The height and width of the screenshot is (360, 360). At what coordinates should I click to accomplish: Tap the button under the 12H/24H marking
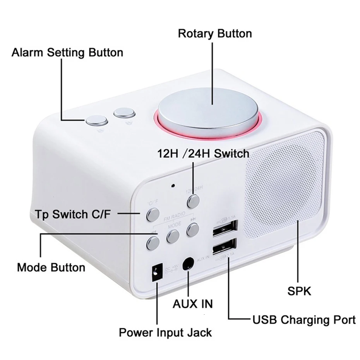193,201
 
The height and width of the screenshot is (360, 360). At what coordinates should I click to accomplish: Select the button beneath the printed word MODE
173,236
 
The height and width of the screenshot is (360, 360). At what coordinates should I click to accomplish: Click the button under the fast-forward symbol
192,230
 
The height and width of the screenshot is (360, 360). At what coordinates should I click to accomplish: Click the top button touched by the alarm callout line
97,121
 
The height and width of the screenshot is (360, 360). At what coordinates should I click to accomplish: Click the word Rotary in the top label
196,33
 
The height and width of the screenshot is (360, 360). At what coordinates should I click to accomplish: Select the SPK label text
299,291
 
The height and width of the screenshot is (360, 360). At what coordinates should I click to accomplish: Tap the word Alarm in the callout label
27,53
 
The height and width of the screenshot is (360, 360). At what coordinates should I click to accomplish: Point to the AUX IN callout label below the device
193,303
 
